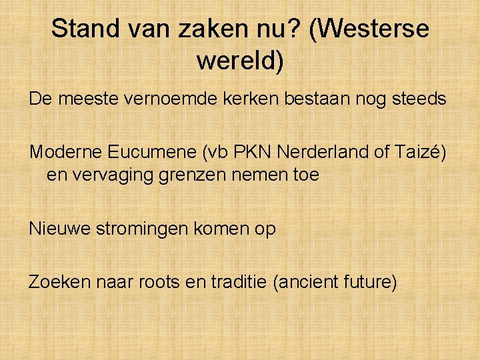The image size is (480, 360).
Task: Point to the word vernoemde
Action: (158, 99)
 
